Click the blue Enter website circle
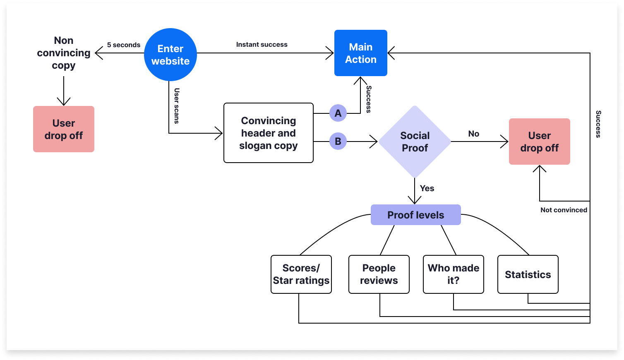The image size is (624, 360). [170, 55]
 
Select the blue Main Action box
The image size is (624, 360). [360, 53]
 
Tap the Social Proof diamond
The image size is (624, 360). [415, 142]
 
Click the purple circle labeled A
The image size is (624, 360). [338, 113]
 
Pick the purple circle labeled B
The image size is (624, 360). [338, 142]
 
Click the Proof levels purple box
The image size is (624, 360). [415, 215]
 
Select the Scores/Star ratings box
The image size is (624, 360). [301, 274]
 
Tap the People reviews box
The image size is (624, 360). [379, 274]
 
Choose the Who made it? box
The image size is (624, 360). [453, 274]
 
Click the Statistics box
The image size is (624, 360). [528, 274]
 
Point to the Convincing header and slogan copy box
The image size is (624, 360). [268, 133]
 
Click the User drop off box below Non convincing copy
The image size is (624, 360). [63, 129]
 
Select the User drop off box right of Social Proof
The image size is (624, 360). [539, 142]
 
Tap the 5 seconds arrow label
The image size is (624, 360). [123, 45]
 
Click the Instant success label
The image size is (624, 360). [262, 44]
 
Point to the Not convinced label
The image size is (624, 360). [564, 210]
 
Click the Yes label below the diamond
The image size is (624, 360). [427, 188]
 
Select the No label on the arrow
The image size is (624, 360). [473, 134]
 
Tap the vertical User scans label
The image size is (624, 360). [177, 106]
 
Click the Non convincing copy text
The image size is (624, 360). [63, 53]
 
